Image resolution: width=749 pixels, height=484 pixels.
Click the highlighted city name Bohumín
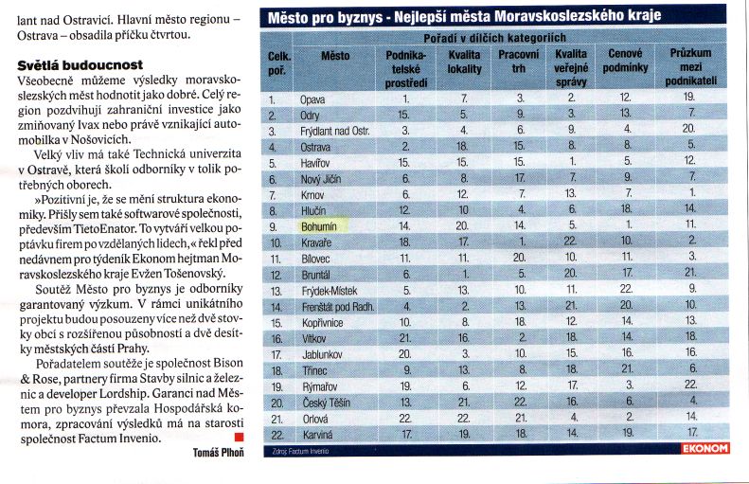[x=319, y=226]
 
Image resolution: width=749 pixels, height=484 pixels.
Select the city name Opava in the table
[x=312, y=99]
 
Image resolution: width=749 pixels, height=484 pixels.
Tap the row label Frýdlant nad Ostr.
[x=335, y=132]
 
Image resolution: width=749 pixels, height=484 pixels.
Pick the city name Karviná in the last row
[x=317, y=435]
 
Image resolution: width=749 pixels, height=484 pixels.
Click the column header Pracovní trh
[x=519, y=62]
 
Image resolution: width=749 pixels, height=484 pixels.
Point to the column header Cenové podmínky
[x=625, y=61]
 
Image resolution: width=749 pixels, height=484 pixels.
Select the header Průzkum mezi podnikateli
[x=690, y=67]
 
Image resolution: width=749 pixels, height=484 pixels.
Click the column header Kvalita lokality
[x=464, y=63]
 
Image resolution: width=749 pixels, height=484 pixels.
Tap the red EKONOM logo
[x=705, y=448]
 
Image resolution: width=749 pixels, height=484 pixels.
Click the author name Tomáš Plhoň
[x=219, y=453]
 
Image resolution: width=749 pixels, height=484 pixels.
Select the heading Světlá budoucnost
[x=80, y=65]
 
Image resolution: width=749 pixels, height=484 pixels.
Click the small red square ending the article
[x=240, y=437]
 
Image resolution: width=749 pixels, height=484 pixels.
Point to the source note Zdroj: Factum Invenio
[x=300, y=451]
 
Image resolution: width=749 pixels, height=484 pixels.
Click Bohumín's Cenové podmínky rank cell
[x=629, y=224]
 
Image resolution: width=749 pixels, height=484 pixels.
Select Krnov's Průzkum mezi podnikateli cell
[x=692, y=192]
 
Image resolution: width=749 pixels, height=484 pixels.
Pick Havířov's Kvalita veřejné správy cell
[x=572, y=162]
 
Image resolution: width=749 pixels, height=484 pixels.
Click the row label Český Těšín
[x=327, y=403]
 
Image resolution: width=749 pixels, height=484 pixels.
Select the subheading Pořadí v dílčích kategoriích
[x=495, y=38]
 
